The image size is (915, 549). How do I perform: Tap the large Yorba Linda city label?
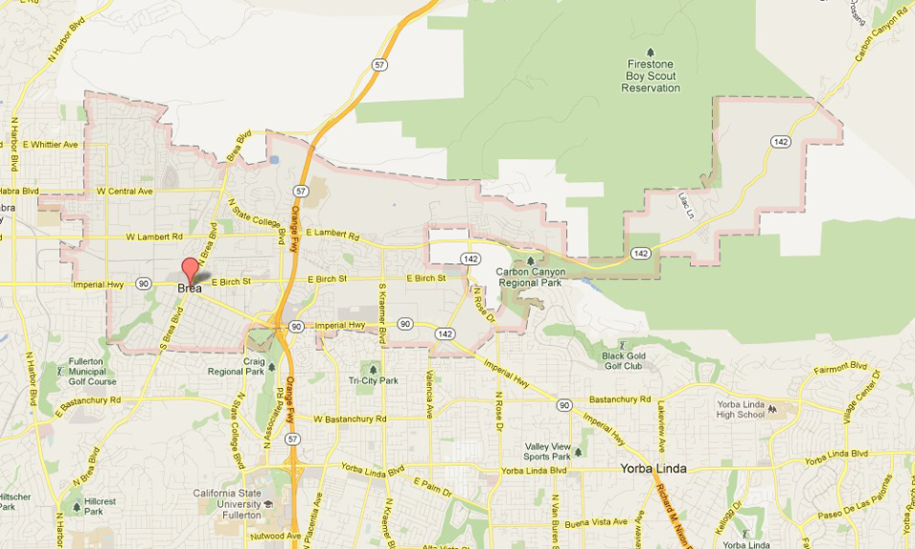(x=653, y=468)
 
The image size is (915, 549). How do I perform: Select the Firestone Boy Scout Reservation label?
(x=651, y=76)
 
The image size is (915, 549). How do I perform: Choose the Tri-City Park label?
(x=373, y=380)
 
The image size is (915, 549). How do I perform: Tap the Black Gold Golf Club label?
(x=624, y=361)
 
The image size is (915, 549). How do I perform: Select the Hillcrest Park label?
(x=92, y=504)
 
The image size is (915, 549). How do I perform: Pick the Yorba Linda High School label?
(x=741, y=409)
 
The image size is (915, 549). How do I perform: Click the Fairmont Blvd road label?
(x=842, y=367)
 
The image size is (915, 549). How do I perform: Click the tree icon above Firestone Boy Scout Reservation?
(x=651, y=52)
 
